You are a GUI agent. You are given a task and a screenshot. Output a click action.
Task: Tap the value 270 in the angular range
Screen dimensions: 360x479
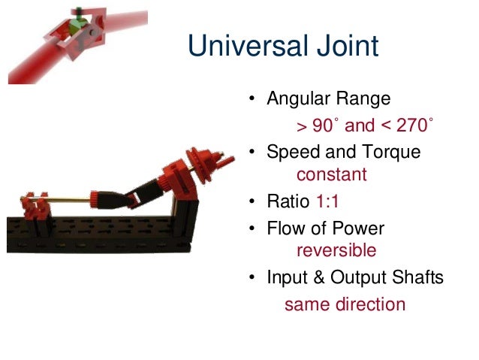point(411,124)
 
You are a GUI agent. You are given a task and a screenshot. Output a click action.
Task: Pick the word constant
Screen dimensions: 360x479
point(332,175)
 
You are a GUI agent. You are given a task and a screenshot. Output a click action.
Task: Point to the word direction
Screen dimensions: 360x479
point(370,304)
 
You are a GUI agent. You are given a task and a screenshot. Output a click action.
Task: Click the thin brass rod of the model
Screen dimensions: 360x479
point(71,200)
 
